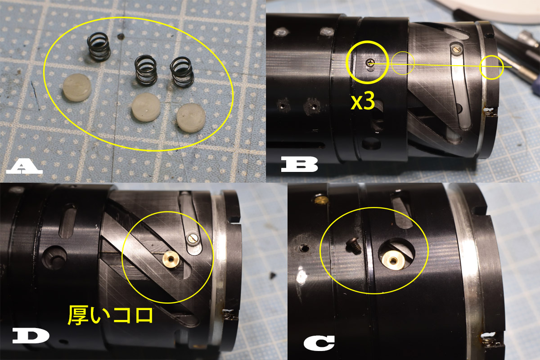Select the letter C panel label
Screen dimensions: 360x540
319,343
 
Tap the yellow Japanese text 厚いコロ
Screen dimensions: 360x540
110,315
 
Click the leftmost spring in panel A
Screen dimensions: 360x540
98,48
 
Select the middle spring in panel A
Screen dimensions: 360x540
146,71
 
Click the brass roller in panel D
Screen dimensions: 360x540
171,259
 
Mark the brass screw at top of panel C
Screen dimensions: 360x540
320,198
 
